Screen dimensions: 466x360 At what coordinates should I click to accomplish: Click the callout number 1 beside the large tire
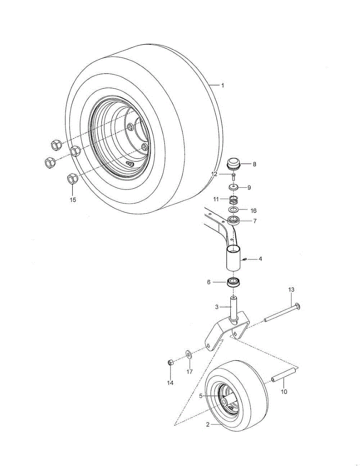point(223,86)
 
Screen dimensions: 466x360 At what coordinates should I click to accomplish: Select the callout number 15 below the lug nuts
point(73,200)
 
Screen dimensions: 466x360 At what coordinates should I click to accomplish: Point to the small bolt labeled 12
point(234,177)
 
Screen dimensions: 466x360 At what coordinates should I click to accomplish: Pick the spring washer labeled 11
point(233,200)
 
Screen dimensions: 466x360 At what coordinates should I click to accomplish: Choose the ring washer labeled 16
point(233,210)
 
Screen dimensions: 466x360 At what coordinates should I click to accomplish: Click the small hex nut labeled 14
point(170,363)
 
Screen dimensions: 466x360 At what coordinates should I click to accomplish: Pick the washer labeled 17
point(189,354)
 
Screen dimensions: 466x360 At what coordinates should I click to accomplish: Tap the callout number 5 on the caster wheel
point(201,396)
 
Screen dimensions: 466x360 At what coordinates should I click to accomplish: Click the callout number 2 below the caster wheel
point(208,424)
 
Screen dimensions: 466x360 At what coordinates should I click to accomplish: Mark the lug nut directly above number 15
point(72,179)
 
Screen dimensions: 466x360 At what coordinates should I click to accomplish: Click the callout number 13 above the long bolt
point(291,290)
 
